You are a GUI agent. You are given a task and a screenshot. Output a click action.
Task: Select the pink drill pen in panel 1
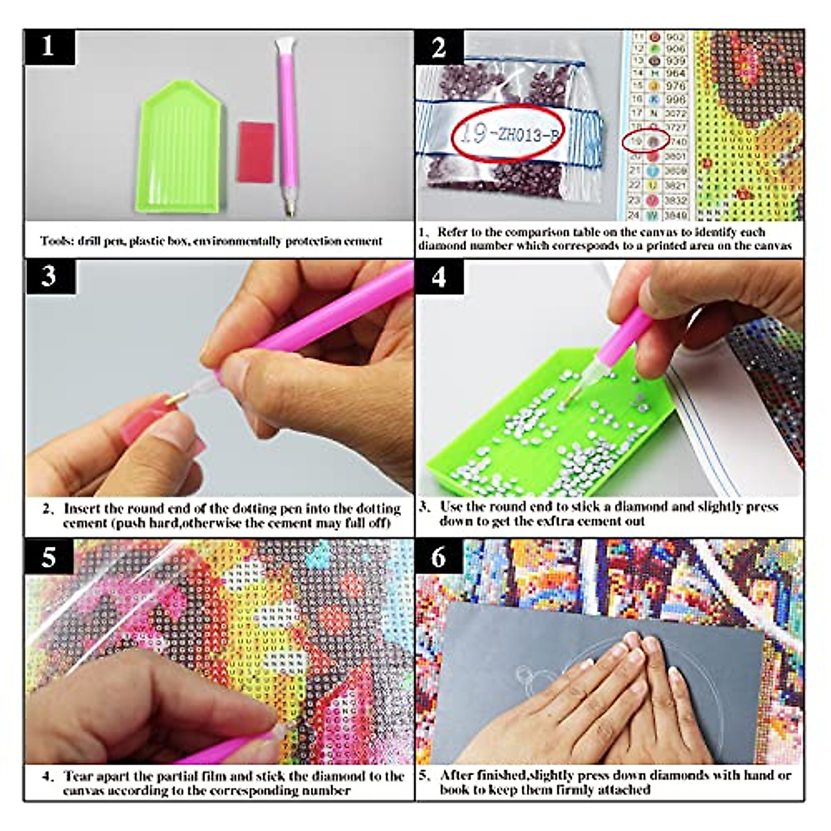pyautogui.click(x=286, y=125)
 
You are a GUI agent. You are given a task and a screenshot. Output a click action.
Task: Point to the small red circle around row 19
pyautogui.click(x=645, y=141)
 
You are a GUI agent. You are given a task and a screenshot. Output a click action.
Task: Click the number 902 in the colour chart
pyautogui.click(x=675, y=38)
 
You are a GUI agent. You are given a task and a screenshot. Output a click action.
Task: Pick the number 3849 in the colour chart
pyautogui.click(x=675, y=215)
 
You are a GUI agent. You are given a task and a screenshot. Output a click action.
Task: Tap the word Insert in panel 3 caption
pyautogui.click(x=82, y=508)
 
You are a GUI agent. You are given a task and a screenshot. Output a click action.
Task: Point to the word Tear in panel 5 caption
pyautogui.click(x=78, y=776)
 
